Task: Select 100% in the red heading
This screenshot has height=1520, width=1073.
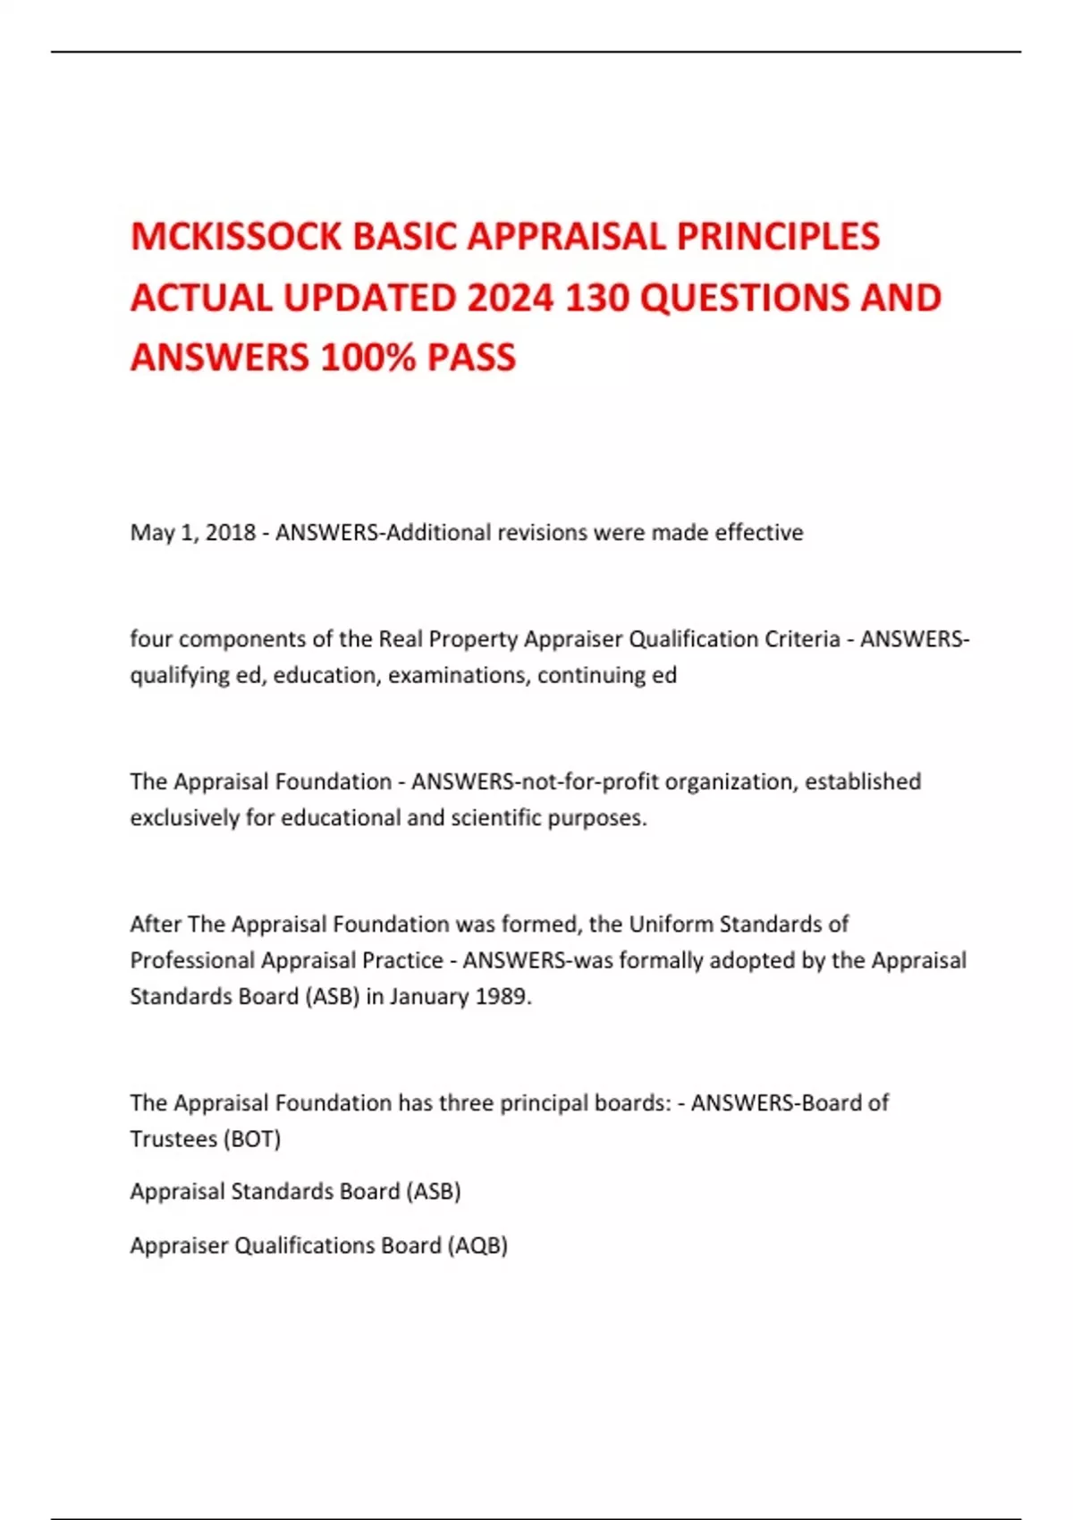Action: pyautogui.click(x=368, y=358)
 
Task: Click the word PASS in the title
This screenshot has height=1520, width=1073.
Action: pyautogui.click(x=471, y=358)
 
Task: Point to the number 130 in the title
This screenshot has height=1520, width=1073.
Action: pyautogui.click(x=597, y=298)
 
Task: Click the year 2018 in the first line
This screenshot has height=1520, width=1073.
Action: pyautogui.click(x=231, y=533)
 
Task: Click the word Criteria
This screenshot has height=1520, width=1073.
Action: pyautogui.click(x=802, y=639)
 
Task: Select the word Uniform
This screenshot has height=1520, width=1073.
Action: pyautogui.click(x=671, y=924)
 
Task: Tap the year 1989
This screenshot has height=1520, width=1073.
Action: pyautogui.click(x=503, y=996)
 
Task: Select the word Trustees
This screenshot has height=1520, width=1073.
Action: pyautogui.click(x=173, y=1139)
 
